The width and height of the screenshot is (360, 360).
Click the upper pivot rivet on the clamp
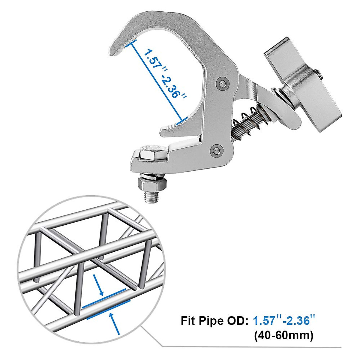[222, 83]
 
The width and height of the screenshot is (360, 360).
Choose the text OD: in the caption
[237, 321]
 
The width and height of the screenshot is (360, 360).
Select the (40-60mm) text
[283, 335]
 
